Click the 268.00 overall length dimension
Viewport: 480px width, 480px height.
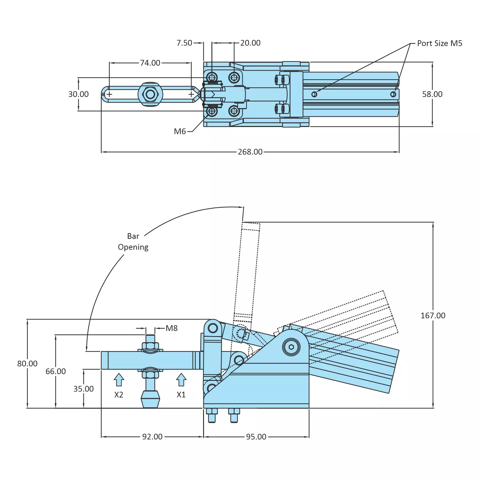[250, 152]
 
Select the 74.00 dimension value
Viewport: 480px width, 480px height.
[150, 63]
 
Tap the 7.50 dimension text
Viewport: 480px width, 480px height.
[184, 43]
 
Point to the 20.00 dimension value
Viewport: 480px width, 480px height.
[250, 43]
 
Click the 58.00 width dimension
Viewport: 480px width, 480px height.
[432, 94]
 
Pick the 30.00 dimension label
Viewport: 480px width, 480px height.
[78, 94]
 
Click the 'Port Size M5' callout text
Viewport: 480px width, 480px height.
[439, 43]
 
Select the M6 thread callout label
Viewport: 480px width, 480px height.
[180, 131]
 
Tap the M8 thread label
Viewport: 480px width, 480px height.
[171, 328]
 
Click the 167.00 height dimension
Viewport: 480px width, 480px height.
[433, 316]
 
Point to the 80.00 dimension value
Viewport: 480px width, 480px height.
[27, 364]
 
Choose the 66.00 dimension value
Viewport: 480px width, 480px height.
[56, 371]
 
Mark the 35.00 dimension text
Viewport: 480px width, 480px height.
[83, 389]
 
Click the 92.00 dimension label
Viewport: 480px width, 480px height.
[152, 437]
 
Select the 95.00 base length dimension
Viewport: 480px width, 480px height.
[256, 437]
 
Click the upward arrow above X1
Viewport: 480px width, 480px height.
[181, 380]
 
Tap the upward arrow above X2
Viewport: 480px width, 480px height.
[119, 380]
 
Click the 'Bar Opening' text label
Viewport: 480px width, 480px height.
[133, 242]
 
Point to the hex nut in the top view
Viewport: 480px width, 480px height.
[150, 94]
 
